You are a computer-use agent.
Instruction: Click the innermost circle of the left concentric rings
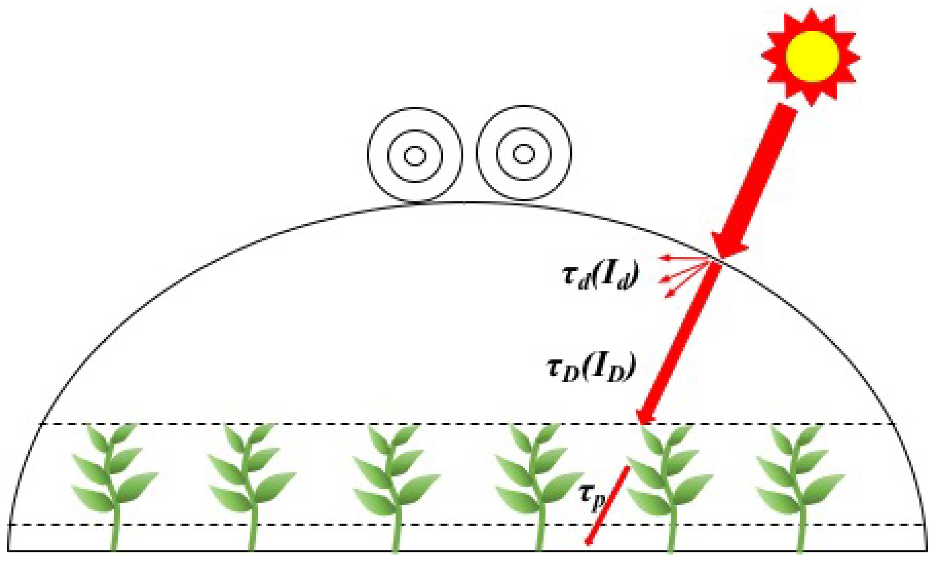pos(415,155)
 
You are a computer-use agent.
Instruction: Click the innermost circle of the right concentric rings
pos(523,154)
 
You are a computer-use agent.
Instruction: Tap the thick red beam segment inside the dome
pos(681,340)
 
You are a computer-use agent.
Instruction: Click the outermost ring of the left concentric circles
pos(369,155)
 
